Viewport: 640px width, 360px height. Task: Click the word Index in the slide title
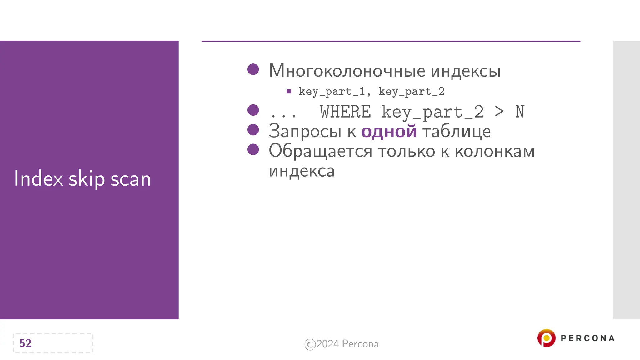(38, 179)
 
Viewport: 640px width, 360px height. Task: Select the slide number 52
(25, 343)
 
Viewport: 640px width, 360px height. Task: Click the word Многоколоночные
(347, 71)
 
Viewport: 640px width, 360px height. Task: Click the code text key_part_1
(332, 92)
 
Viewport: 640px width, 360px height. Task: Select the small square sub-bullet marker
(289, 92)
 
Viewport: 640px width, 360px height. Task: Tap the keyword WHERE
(345, 112)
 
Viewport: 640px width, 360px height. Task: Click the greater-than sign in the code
(499, 112)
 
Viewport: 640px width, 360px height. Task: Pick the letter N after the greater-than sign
(520, 112)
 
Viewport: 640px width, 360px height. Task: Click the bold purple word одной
(389, 131)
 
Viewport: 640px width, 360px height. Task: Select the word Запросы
(305, 131)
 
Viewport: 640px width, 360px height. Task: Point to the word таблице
(457, 131)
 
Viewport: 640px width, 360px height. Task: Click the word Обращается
(320, 151)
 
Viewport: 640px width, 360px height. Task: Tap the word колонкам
(495, 151)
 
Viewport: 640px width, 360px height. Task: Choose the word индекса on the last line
(302, 171)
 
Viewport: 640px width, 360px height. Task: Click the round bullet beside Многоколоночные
(253, 69)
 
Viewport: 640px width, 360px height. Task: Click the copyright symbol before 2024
(310, 344)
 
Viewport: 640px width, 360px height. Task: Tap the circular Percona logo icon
(546, 338)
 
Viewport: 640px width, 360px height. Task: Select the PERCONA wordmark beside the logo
(587, 338)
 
